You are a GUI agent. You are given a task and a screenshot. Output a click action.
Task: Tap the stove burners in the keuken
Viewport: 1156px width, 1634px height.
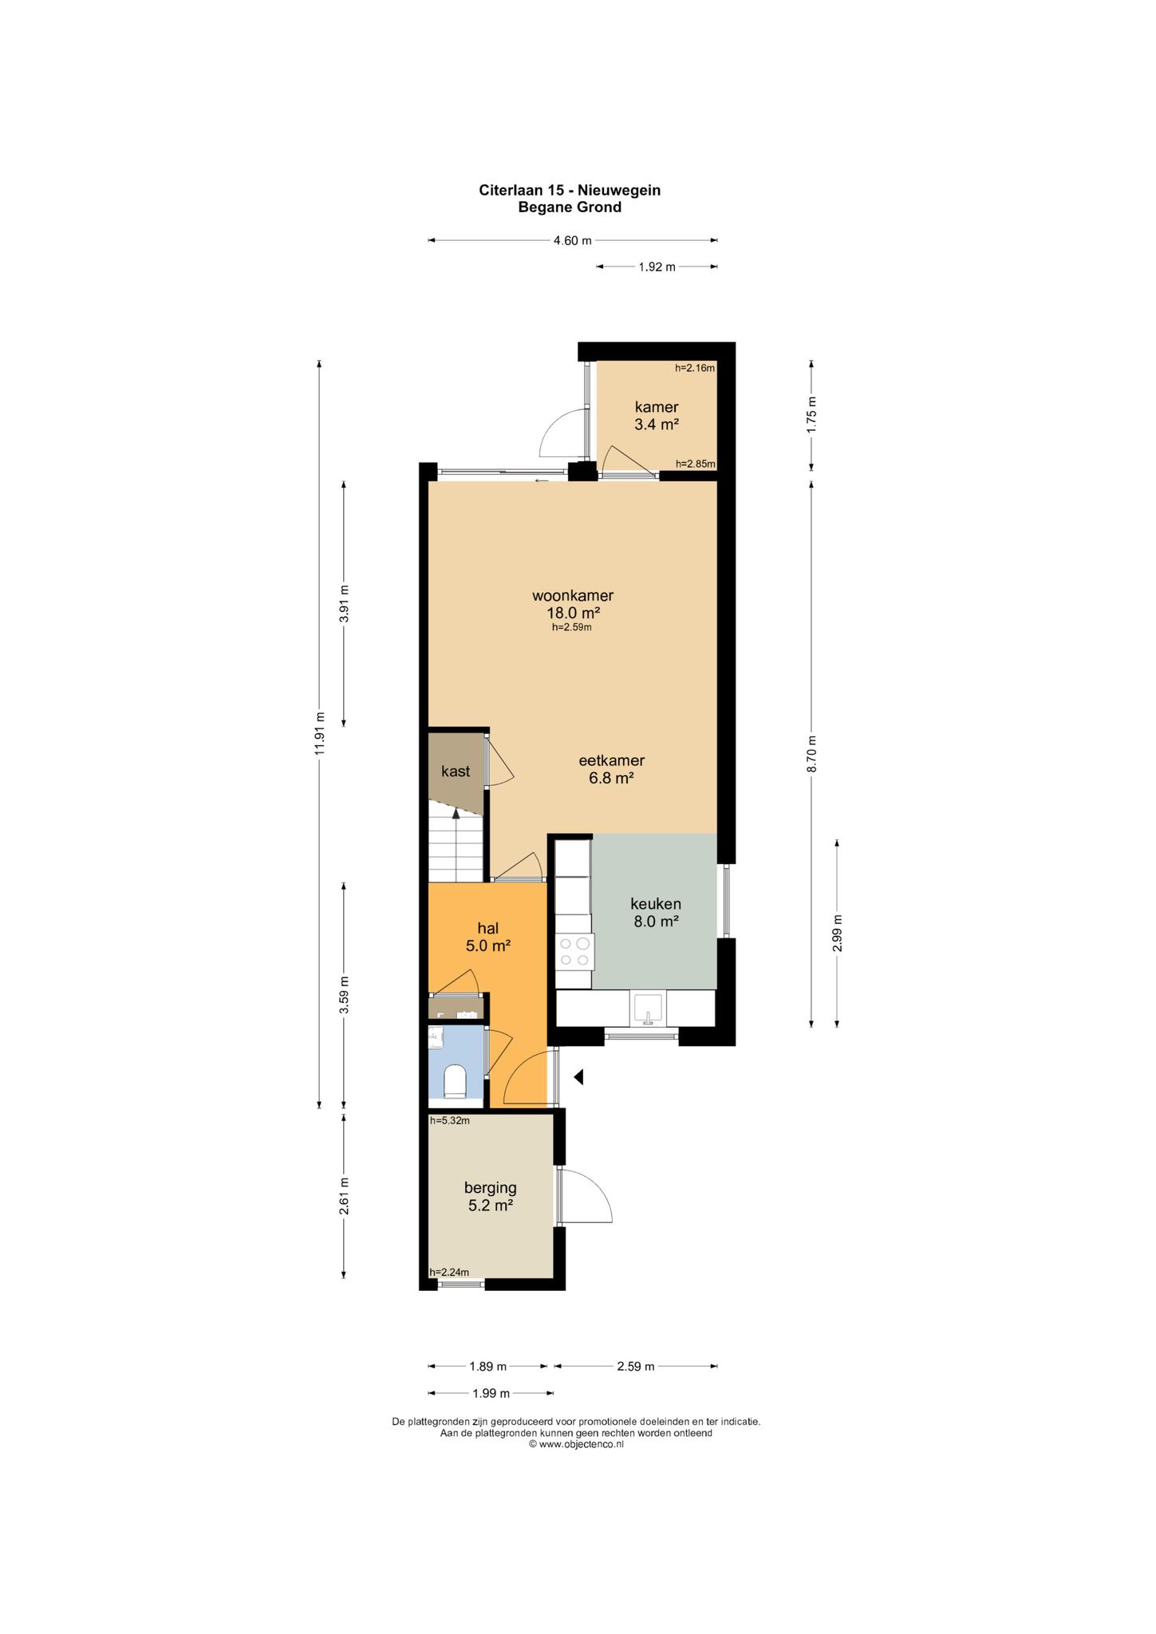click(574, 950)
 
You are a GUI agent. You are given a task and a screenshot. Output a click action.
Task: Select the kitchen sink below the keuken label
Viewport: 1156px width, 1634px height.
click(647, 1008)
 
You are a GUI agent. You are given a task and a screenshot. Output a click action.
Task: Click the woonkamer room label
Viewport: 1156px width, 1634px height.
click(573, 595)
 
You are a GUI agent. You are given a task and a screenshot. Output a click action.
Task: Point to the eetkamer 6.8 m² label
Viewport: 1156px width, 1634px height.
click(611, 769)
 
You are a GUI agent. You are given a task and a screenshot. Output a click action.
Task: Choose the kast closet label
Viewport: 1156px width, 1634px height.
click(456, 772)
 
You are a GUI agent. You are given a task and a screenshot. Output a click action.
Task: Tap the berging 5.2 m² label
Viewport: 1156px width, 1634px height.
click(491, 1196)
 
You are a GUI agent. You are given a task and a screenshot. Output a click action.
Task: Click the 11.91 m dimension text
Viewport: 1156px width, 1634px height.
click(319, 733)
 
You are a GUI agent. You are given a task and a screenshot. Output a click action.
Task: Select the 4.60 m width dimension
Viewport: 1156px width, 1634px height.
click(573, 240)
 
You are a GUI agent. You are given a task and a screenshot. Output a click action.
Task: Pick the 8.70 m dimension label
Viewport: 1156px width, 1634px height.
click(811, 753)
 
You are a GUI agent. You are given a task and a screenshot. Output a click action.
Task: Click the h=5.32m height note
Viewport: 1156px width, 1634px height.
click(450, 1120)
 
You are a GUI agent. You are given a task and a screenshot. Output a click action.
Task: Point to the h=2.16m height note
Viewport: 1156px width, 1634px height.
click(695, 368)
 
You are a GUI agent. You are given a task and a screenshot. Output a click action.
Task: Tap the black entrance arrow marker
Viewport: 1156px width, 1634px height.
click(579, 1077)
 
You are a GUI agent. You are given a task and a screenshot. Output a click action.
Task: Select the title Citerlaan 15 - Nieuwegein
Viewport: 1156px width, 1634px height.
click(570, 190)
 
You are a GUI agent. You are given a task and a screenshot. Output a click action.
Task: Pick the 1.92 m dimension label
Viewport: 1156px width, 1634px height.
click(657, 266)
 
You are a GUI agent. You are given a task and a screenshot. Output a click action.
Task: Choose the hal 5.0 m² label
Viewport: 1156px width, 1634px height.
click(488, 937)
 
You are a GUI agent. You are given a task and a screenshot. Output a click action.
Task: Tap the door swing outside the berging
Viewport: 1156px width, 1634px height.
click(586, 1195)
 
